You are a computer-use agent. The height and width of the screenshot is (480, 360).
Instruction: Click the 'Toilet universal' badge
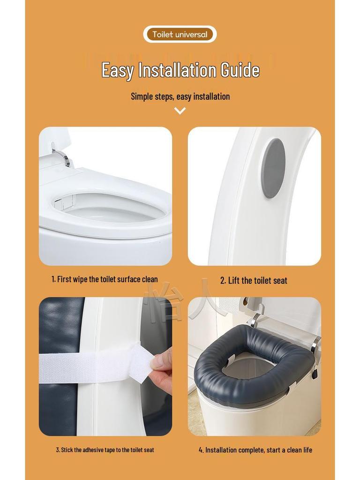click(x=180, y=34)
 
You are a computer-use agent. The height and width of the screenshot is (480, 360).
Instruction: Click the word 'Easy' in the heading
click(x=117, y=70)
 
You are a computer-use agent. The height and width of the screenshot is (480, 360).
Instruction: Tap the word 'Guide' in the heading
click(x=240, y=70)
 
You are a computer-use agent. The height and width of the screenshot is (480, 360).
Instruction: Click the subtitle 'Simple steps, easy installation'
click(x=180, y=97)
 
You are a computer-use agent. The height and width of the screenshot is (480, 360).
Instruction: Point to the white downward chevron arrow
click(x=180, y=111)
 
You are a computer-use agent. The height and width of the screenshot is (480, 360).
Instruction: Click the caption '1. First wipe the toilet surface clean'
click(x=105, y=279)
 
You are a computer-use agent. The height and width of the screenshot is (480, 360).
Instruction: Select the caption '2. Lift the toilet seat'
click(x=254, y=281)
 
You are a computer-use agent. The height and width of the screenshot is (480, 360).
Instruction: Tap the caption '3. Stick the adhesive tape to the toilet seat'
click(x=105, y=450)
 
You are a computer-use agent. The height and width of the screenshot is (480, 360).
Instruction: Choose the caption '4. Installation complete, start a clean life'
click(x=255, y=450)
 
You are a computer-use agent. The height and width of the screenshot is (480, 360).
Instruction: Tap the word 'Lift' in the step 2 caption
click(x=234, y=281)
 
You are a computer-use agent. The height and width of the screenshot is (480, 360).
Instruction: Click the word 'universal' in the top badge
click(x=191, y=34)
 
